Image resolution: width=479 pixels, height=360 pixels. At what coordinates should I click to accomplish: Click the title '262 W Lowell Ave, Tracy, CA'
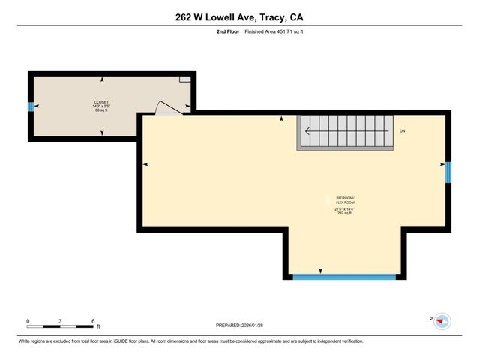point(239,17)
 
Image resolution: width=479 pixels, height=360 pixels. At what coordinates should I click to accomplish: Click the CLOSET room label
point(101,102)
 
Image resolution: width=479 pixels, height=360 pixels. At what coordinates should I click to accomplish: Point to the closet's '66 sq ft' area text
point(101,110)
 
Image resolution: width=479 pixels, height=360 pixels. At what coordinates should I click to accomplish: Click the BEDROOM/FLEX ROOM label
point(343,199)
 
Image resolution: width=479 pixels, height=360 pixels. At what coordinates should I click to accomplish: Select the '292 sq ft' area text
point(343,214)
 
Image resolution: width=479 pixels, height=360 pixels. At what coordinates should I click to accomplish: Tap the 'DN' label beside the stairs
point(402,132)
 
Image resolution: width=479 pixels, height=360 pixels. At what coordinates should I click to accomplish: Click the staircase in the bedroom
point(346,132)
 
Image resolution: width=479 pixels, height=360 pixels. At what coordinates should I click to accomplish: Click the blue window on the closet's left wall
point(31,106)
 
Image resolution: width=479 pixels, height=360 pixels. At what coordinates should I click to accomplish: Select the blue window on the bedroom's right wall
point(448,172)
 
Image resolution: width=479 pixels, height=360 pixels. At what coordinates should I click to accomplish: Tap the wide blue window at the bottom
point(344,277)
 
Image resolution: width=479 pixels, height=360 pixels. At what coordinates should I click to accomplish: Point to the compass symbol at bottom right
point(442,320)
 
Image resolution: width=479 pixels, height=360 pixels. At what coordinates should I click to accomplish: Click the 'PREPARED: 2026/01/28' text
point(240,326)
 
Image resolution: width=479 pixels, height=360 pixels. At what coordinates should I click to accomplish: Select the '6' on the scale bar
point(93,320)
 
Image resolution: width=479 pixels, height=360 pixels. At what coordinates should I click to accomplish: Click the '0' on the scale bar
point(28,320)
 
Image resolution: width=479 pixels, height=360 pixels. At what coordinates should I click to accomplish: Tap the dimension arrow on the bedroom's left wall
point(145,164)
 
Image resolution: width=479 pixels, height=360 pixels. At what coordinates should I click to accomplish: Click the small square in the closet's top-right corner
point(184,78)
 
